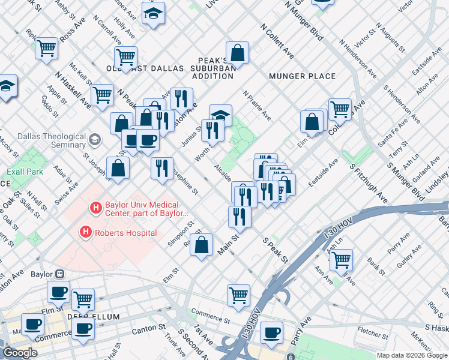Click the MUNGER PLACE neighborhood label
(x=302, y=76)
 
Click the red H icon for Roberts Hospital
(x=86, y=232)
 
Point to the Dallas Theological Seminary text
(x=43, y=140)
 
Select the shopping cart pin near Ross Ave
(x=46, y=48)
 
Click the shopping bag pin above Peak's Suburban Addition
(x=238, y=53)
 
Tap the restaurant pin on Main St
(x=240, y=217)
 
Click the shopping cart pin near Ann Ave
(x=341, y=260)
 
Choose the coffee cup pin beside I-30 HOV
(x=271, y=333)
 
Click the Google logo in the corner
(x=20, y=353)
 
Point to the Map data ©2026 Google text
(x=412, y=355)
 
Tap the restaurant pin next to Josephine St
(x=162, y=168)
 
